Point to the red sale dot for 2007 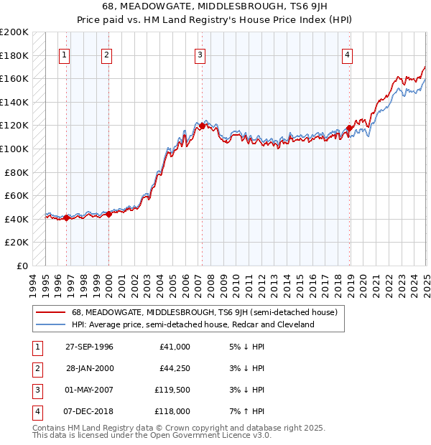[x=202, y=126]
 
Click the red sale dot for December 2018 [x=349, y=128]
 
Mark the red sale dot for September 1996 [x=66, y=218]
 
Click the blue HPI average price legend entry [x=193, y=324]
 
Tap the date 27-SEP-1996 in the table [x=89, y=347]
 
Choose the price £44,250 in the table [x=173, y=368]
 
